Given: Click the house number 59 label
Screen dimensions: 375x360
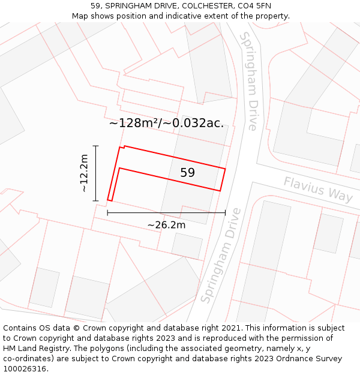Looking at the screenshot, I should point(187,173).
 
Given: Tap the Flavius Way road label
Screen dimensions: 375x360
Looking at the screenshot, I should point(318,190).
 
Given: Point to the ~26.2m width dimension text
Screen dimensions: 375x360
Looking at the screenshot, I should point(166,225).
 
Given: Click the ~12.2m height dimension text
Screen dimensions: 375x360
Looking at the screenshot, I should point(84,173).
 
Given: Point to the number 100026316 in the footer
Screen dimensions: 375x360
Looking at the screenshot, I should point(26,369).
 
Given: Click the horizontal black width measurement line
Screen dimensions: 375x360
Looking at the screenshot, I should point(166,212).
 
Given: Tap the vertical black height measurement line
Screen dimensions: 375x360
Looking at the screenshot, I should point(95,173).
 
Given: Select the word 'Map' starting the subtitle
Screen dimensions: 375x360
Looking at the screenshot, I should point(80,16).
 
